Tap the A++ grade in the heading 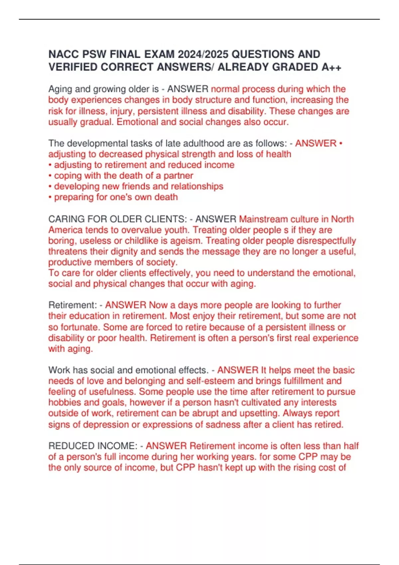tap(331, 67)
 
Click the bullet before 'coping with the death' tap(50, 175)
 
